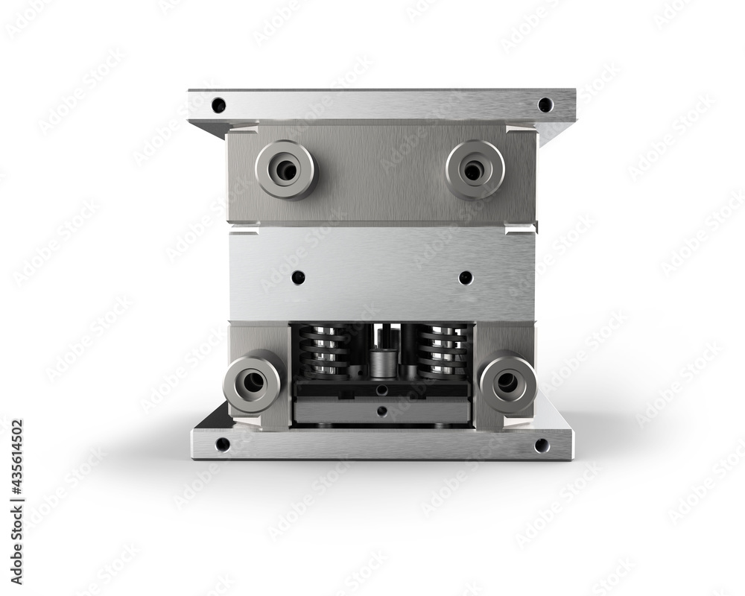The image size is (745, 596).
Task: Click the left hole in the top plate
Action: point(218,105)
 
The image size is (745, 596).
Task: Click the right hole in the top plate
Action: point(545,105)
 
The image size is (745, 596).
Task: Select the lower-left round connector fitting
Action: point(253,381)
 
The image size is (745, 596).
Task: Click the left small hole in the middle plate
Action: point(298,277)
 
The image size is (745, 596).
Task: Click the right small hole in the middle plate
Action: point(466,277)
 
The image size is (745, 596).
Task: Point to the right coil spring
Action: point(443,352)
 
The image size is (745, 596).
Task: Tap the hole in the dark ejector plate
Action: point(381,390)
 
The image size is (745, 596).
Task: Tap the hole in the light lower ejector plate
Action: point(381,410)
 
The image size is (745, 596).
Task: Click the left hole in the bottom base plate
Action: point(222,445)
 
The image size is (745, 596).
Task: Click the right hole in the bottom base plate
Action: point(542,445)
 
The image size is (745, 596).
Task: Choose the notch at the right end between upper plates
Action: point(530,226)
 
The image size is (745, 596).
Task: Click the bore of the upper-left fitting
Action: point(287,171)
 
